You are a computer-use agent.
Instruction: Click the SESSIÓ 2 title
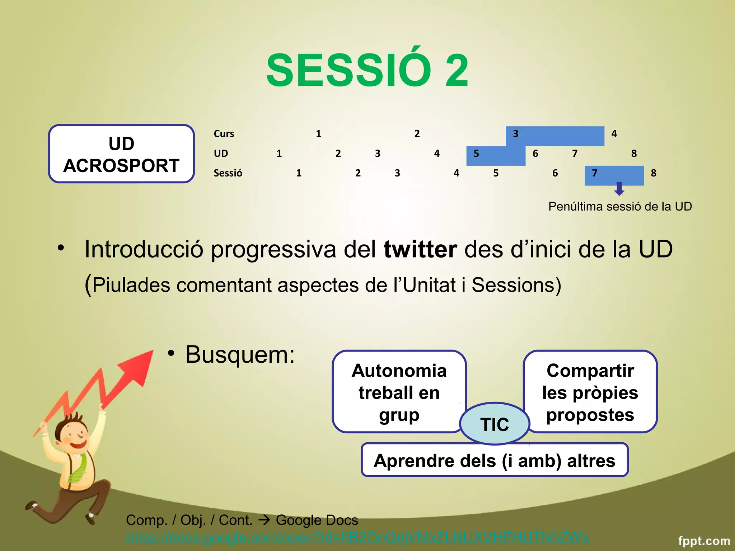tap(367, 70)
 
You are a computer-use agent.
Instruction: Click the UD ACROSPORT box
tap(121, 154)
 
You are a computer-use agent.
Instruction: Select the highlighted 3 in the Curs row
tap(516, 134)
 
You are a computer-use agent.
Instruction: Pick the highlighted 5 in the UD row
tap(476, 154)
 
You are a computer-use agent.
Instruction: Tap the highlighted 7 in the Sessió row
tap(595, 173)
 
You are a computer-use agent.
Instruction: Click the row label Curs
tap(224, 134)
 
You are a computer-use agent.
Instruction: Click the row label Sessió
tap(228, 173)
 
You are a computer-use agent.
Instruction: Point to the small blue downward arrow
tap(619, 189)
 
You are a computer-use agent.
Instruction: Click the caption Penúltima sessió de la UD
tap(620, 207)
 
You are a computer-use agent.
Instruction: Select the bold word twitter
tap(420, 249)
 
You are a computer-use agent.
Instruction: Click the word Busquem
tap(239, 355)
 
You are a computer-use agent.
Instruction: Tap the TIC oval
tap(495, 424)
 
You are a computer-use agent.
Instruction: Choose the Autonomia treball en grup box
tap(399, 392)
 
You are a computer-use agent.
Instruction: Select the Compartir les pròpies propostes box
tap(590, 392)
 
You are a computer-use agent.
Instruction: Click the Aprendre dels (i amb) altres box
tap(494, 461)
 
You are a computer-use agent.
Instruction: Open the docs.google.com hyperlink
tap(357, 537)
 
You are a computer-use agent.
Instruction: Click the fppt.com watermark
tap(704, 541)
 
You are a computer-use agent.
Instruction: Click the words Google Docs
tap(317, 520)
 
